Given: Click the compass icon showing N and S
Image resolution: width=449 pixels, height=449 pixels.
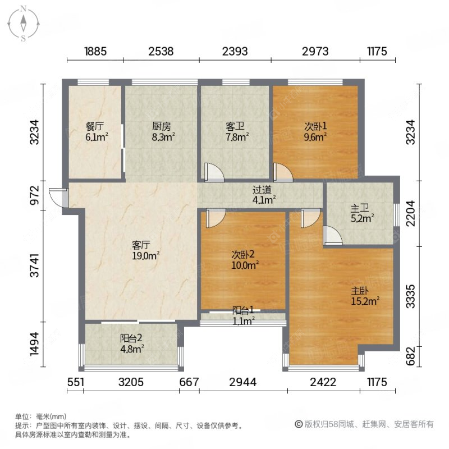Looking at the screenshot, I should [x=23, y=24].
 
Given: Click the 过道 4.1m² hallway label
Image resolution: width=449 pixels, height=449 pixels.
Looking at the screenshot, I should [x=263, y=194].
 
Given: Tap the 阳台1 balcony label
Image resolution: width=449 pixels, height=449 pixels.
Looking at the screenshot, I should [x=244, y=315].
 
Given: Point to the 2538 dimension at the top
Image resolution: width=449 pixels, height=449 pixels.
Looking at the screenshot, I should [x=161, y=52].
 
